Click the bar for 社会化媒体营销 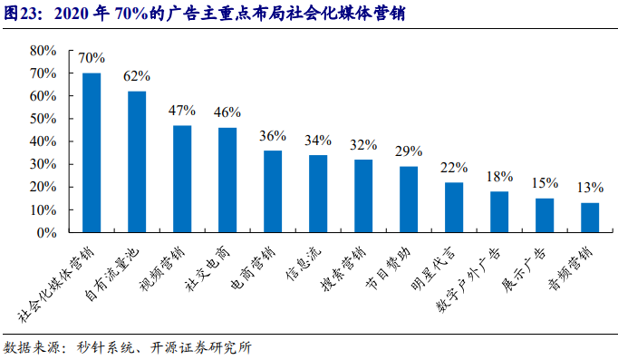(92, 152)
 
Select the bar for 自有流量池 (137, 161)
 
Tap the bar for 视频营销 (182, 179)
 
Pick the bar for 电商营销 (273, 191)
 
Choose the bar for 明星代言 (454, 207)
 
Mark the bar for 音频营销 (590, 218)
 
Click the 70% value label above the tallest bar (92, 58)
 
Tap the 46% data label (227, 112)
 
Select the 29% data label (409, 151)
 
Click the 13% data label (590, 188)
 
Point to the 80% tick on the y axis (44, 50)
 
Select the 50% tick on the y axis (44, 118)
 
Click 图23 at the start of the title (21, 13)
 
